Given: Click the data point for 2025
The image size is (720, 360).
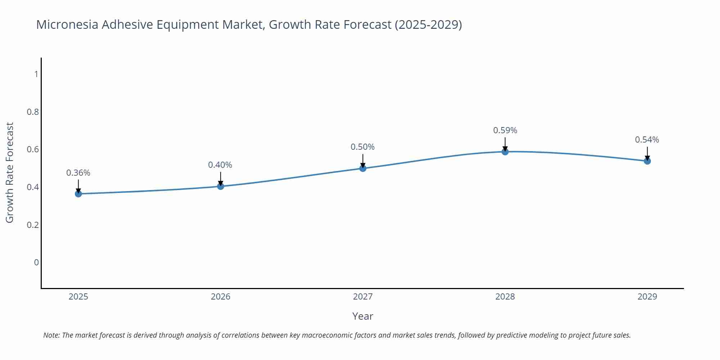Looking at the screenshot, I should (x=78, y=194).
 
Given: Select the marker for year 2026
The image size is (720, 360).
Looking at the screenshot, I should (x=221, y=186).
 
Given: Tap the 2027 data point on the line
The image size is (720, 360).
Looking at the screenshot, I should (x=363, y=168).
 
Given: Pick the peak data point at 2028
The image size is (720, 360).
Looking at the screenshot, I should (x=505, y=152).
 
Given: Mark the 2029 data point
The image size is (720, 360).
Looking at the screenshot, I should (x=647, y=161).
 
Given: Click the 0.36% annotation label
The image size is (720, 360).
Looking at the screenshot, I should (x=78, y=173).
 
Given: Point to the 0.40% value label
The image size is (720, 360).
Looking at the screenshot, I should (x=220, y=165).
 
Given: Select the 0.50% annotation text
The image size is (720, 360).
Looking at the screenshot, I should (x=363, y=147).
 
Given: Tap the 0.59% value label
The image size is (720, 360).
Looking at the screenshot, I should (x=505, y=130).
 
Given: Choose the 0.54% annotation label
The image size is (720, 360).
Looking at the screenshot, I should (x=647, y=140).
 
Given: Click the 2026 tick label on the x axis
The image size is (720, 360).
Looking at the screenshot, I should (x=221, y=297).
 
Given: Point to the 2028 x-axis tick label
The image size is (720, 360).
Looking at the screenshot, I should (x=505, y=297).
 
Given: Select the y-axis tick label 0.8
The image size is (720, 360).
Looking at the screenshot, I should (x=33, y=112).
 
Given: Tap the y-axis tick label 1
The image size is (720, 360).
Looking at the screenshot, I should (x=36, y=74).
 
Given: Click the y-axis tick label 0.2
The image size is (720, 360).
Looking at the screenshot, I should (x=33, y=225).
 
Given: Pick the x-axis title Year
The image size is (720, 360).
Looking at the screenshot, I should (x=363, y=316).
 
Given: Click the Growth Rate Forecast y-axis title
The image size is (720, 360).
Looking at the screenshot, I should (x=10, y=172).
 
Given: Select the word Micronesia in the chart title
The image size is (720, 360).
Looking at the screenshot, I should (x=67, y=24).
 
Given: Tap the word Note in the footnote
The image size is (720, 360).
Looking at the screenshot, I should (x=51, y=335).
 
